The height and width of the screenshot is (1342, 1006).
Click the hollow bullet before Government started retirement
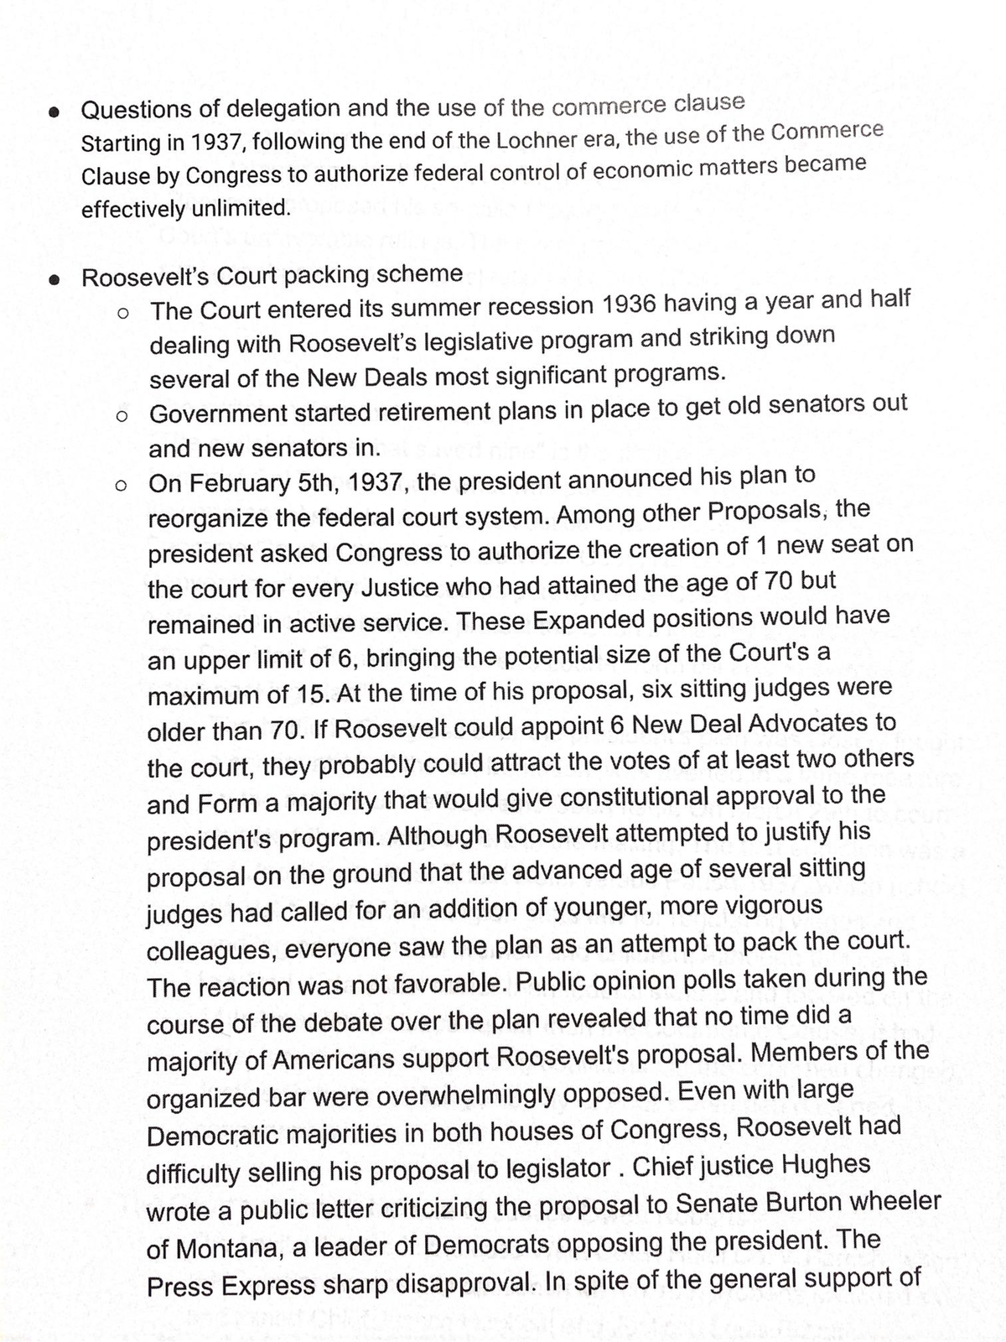click(123, 416)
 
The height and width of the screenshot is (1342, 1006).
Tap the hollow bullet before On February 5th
click(122, 486)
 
